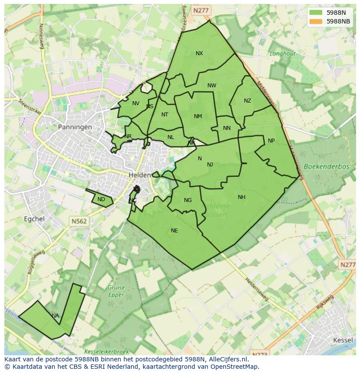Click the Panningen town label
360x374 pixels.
click(x=75, y=127)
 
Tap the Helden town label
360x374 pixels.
click(x=140, y=175)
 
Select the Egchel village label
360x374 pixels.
click(x=34, y=219)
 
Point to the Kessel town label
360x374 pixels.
click(x=343, y=340)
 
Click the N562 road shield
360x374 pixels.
click(x=79, y=222)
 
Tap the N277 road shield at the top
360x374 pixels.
click(x=201, y=10)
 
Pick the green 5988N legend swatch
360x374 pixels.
click(x=317, y=13)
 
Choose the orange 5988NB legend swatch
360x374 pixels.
click(x=317, y=21)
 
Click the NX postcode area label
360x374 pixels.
click(x=199, y=53)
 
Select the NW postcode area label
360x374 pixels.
click(x=212, y=86)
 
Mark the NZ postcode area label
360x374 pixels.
click(x=247, y=101)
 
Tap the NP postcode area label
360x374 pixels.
click(x=271, y=141)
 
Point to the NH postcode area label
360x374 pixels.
click(x=242, y=197)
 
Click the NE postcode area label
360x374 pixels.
click(x=174, y=231)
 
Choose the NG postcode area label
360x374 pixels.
click(x=188, y=200)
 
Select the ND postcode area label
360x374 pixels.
click(x=101, y=200)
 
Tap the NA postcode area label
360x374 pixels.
click(x=55, y=316)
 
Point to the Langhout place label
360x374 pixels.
click(x=283, y=54)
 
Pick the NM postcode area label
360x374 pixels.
click(x=198, y=116)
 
